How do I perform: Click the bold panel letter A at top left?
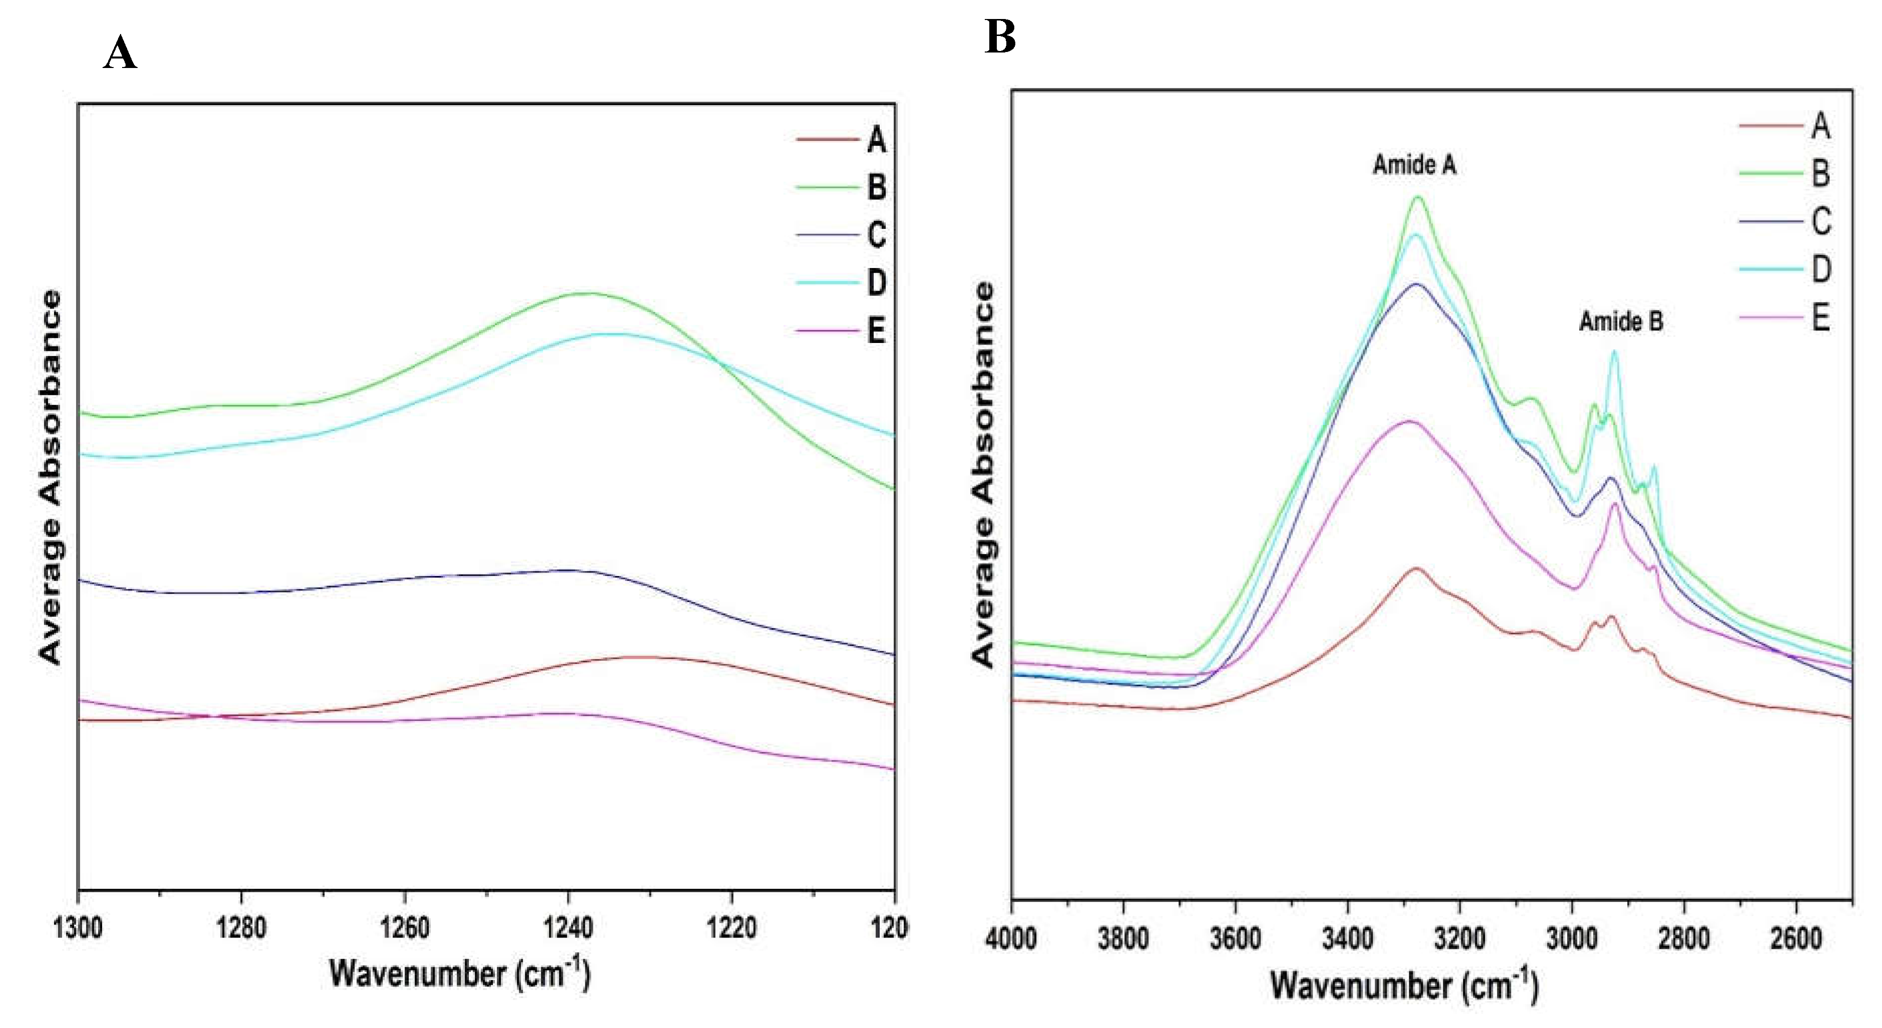coord(120,53)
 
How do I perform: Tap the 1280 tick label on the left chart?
coord(241,928)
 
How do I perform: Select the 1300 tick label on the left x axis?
coord(78,928)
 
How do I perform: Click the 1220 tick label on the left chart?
coord(731,928)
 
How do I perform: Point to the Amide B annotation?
coord(1621,321)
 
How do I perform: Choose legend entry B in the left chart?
coord(876,187)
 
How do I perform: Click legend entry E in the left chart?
coord(876,330)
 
